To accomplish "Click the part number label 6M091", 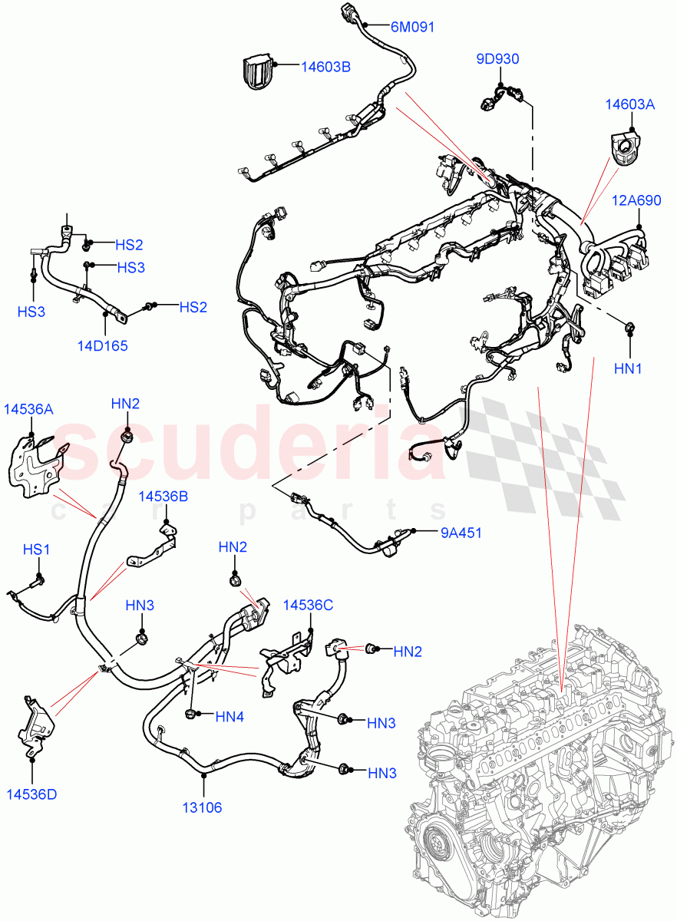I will pyautogui.click(x=412, y=28).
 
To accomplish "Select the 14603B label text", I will pyautogui.click(x=325, y=67).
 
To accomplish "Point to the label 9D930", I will pyautogui.click(x=497, y=58).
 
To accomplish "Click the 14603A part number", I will pyautogui.click(x=629, y=105).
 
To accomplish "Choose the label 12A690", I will pyautogui.click(x=636, y=200).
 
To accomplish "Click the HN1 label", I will pyautogui.click(x=628, y=369).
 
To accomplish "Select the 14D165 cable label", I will pyautogui.click(x=102, y=345).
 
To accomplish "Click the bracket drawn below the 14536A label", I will pyautogui.click(x=34, y=465).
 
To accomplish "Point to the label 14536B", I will pyautogui.click(x=163, y=497).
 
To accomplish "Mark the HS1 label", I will pyautogui.click(x=36, y=550).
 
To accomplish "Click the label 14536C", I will pyautogui.click(x=308, y=605).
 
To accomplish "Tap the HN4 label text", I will pyautogui.click(x=230, y=717).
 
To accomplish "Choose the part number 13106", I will pyautogui.click(x=203, y=807).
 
